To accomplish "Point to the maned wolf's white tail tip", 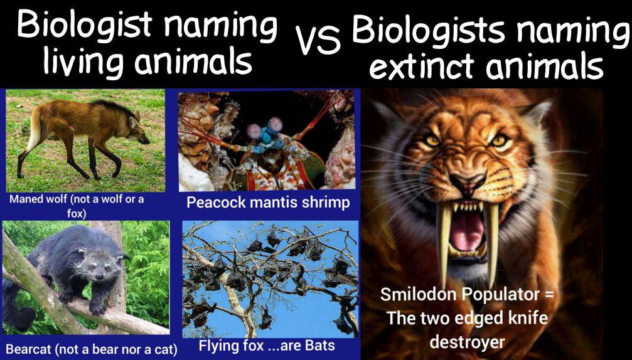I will coord(26,143).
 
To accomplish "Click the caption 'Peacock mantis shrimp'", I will coord(268,203).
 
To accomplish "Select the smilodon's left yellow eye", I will coord(433,140).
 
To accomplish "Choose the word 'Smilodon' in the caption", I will coord(421,294).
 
